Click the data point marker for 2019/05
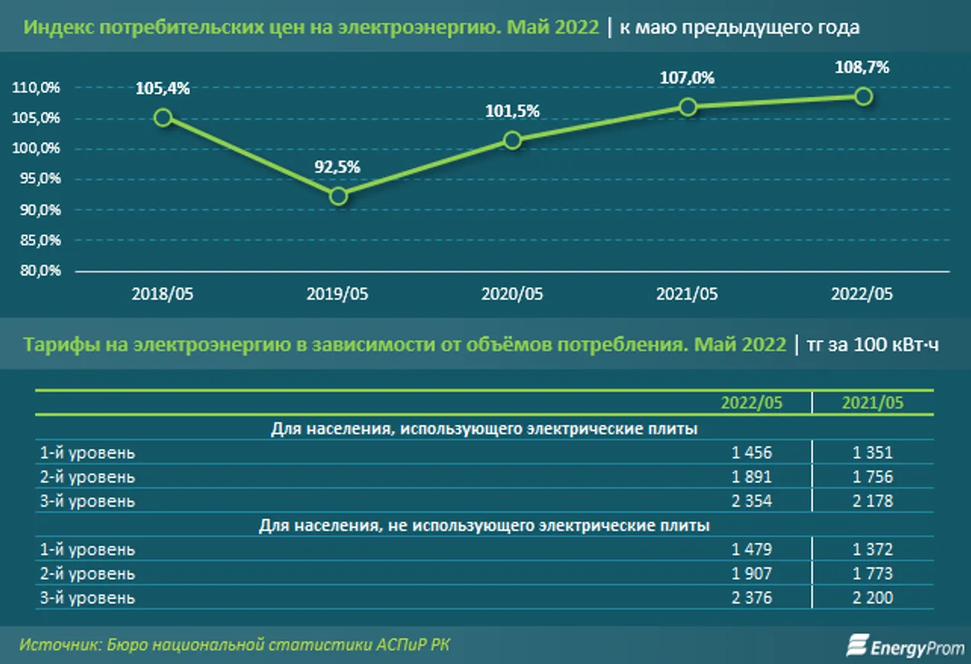point(338,196)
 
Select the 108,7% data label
point(862,67)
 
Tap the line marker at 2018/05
point(162,117)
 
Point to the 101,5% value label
point(512,111)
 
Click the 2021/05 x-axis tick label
point(687,294)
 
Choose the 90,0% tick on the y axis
point(37,209)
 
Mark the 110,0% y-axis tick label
point(37,88)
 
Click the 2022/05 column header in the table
point(751,403)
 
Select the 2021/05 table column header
point(872,403)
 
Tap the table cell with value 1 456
point(751,452)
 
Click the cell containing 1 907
point(751,573)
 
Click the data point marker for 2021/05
point(687,107)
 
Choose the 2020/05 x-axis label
point(512,294)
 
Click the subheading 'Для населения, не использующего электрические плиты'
point(484,525)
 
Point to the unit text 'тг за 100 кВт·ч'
point(873,345)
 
